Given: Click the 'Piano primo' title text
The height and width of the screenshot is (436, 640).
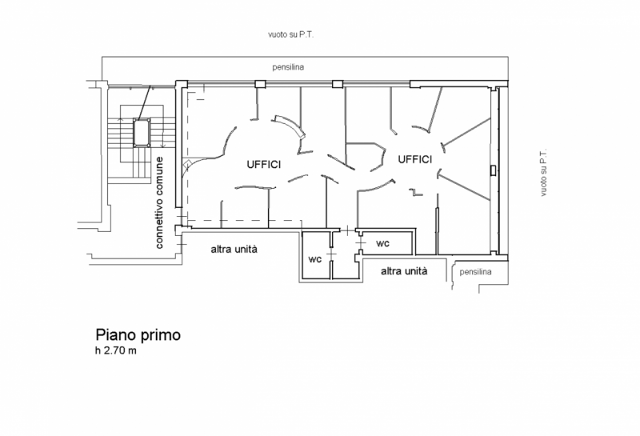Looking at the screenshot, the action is [138, 335].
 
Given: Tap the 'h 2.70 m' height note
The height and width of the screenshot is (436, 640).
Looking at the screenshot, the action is [116, 350].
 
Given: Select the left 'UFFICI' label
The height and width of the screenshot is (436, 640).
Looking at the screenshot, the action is [264, 165].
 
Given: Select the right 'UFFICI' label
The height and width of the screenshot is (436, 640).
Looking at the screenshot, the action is [414, 159].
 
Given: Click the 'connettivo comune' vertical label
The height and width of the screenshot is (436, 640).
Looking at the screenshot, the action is [159, 202].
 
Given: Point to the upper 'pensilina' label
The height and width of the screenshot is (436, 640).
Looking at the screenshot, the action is [288, 67].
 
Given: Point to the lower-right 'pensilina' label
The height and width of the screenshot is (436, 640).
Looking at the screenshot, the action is [475, 272].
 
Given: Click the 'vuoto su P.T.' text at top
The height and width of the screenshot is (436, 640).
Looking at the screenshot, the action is [290, 34].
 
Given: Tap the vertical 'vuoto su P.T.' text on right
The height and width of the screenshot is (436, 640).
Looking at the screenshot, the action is [543, 173].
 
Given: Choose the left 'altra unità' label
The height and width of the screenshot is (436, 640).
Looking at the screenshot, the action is [234, 249].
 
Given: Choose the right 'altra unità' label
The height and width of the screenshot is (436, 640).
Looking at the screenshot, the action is [404, 271].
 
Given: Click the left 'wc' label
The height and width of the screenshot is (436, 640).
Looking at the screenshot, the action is [314, 259].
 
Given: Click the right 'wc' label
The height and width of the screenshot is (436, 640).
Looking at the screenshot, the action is [383, 243].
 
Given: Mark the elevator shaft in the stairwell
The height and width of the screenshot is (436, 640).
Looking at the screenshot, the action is [142, 132].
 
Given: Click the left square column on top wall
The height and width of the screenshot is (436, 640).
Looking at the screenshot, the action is [260, 84].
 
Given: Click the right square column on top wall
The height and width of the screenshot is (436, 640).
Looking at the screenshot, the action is [338, 84].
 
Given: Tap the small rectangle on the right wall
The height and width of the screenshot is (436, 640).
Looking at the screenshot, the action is [493, 170].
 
